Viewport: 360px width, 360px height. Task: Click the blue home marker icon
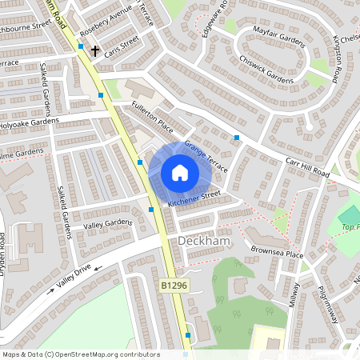pos(180,173)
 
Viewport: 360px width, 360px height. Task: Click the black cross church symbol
pos(95,51)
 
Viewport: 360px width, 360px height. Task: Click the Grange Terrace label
pos(206,157)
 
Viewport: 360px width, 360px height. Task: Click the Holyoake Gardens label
pos(30,122)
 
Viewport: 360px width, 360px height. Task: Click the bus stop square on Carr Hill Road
pos(237,138)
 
